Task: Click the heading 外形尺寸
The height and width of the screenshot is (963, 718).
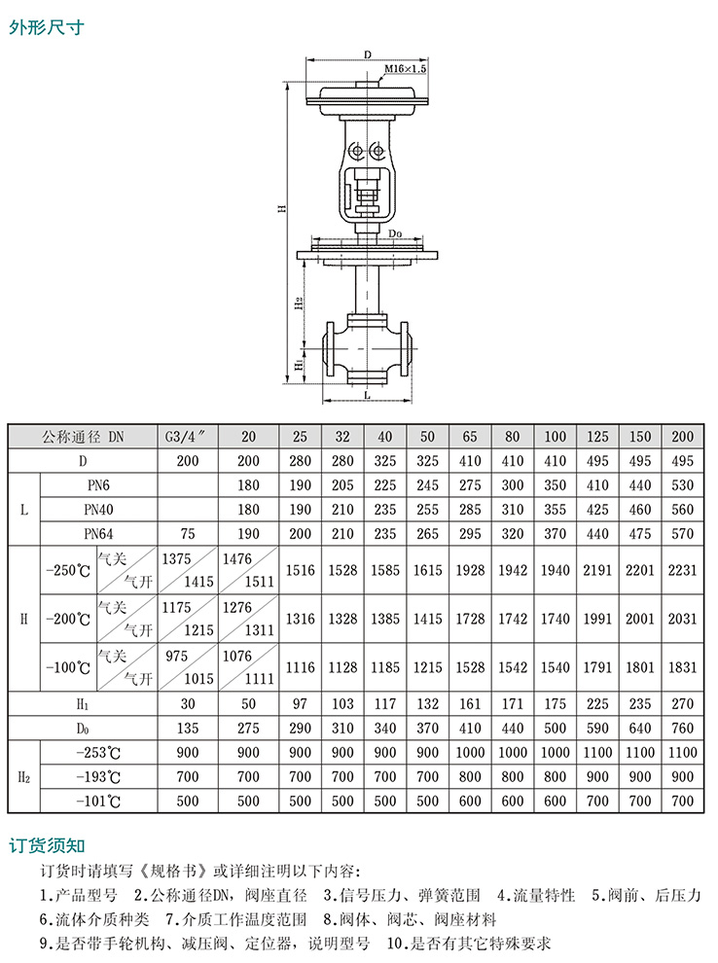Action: [x=47, y=27]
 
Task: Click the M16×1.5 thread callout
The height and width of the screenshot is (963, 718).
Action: [x=405, y=69]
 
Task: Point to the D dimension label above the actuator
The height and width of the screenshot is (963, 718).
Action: [x=368, y=54]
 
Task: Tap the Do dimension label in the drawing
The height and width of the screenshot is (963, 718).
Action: [x=396, y=233]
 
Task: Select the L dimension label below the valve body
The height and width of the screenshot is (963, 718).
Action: [x=368, y=394]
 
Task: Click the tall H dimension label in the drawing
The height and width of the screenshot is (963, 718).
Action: [x=282, y=209]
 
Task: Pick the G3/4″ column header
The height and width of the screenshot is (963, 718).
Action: [x=188, y=437]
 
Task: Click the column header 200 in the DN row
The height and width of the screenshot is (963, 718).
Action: [x=682, y=437]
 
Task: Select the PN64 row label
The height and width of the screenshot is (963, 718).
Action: [x=98, y=534]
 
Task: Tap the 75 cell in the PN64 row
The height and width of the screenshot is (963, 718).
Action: [x=188, y=534]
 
